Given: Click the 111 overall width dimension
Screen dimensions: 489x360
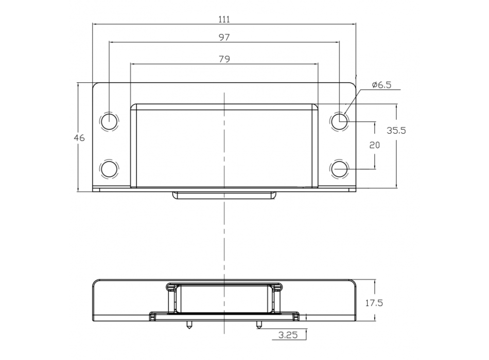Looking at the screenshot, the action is coord(224,20).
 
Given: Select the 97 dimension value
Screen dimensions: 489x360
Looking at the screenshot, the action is coord(224,38).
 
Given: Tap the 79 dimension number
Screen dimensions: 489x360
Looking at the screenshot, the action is coord(224,59).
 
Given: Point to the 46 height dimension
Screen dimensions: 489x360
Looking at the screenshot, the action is coord(79,137).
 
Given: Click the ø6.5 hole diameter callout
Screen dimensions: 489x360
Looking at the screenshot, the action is coord(381,85).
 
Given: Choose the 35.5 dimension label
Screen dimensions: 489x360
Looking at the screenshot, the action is coord(396,130).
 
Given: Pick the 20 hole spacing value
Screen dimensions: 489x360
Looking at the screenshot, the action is coord(374,145).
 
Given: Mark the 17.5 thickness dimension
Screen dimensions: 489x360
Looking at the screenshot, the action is coord(374,302).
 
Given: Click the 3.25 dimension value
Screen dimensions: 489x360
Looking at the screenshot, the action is coord(288,335).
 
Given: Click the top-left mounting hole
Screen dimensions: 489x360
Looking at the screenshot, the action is coord(109,121).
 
